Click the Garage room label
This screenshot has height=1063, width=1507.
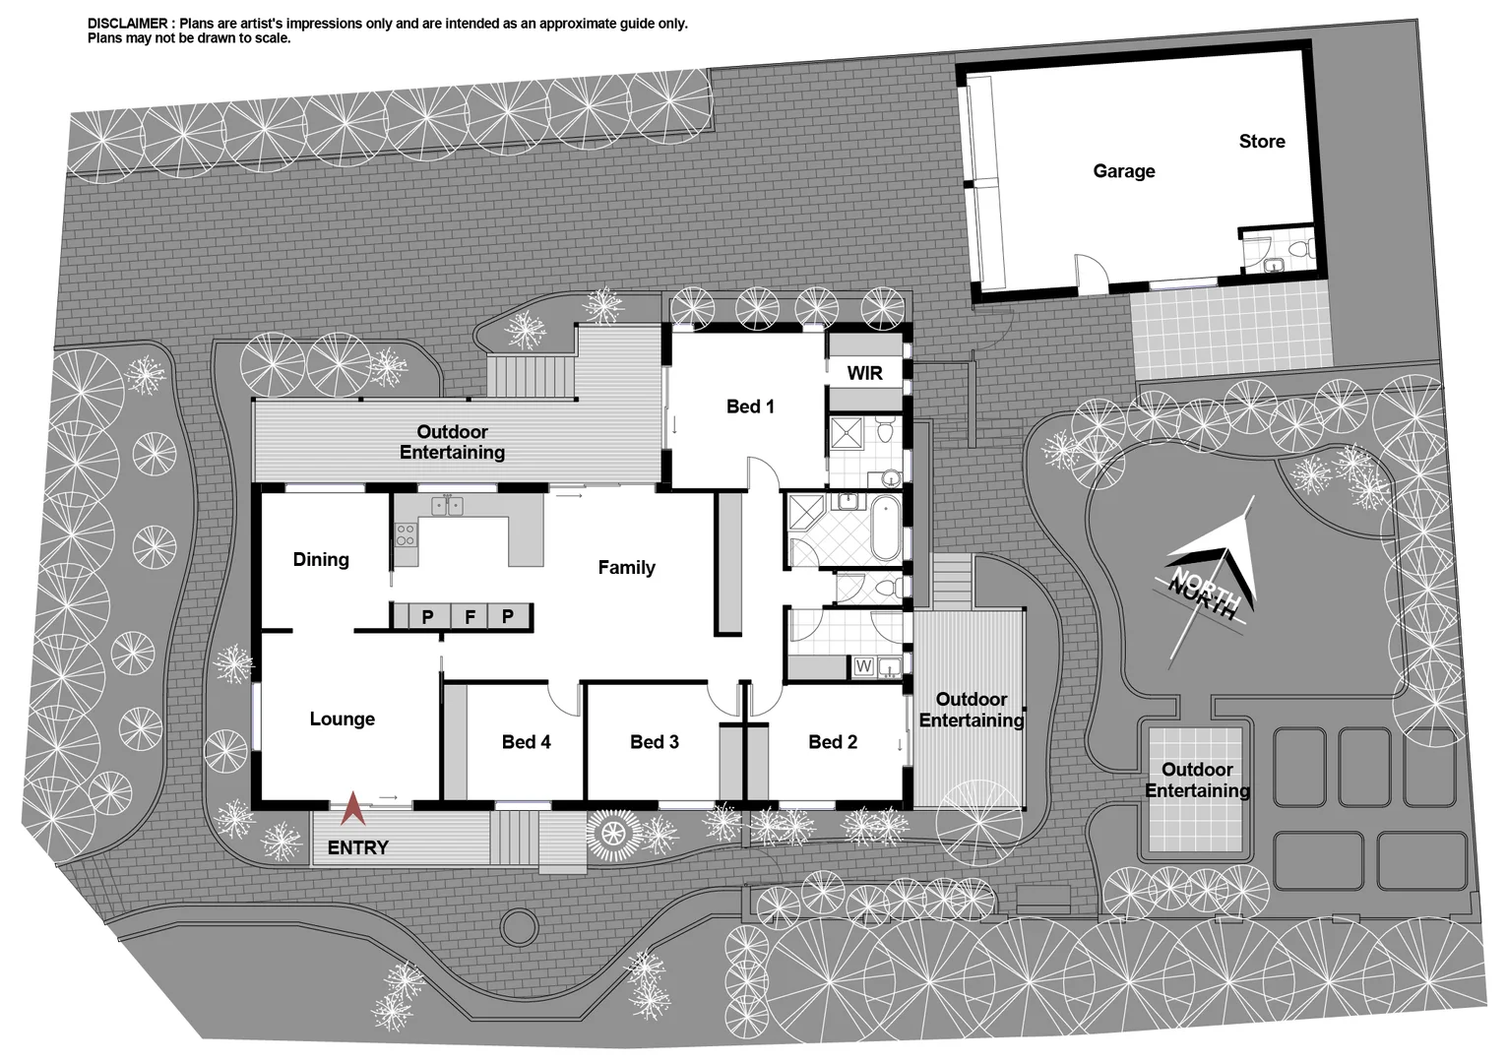(1123, 171)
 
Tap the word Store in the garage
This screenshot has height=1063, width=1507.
(1262, 142)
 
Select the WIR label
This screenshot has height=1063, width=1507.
(864, 373)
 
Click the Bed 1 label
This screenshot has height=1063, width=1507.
(750, 406)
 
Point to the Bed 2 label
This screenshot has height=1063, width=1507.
(833, 742)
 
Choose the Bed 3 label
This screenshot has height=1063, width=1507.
(655, 742)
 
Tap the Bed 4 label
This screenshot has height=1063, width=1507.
(526, 742)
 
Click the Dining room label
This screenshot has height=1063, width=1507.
(321, 560)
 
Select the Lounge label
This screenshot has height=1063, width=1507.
(342, 719)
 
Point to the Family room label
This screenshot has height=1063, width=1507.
(626, 568)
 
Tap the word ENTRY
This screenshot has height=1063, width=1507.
(357, 847)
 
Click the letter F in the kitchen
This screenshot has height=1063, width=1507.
(470, 617)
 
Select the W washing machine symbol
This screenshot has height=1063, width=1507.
(863, 667)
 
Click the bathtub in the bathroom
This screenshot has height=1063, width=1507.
(885, 528)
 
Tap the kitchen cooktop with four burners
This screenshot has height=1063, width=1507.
(405, 536)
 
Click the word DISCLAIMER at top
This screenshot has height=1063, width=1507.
(129, 24)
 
